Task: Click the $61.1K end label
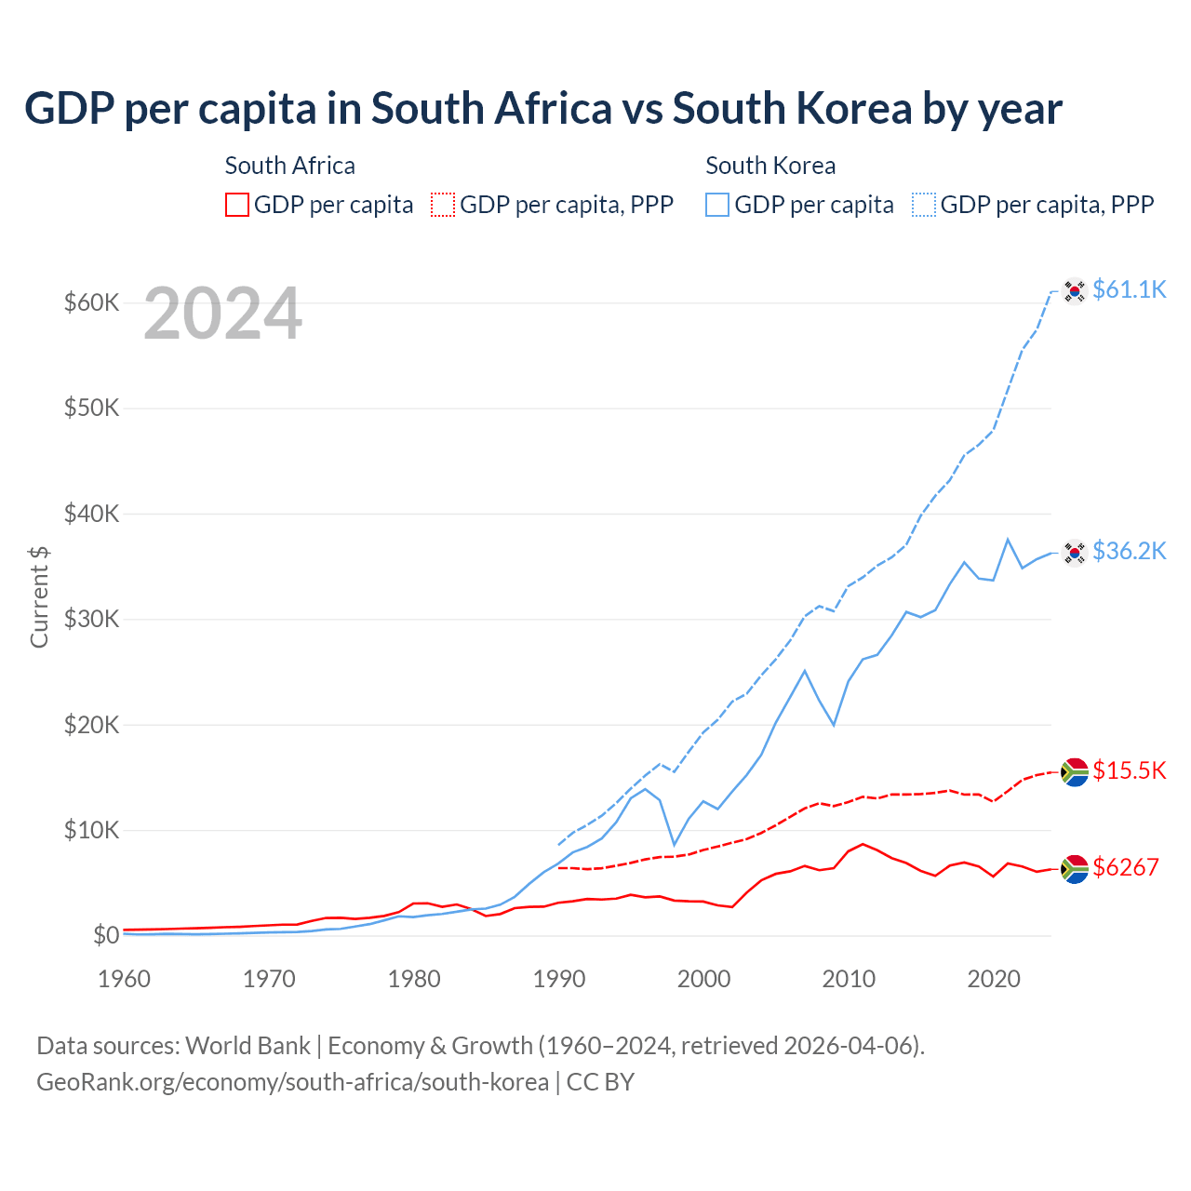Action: pos(1129,289)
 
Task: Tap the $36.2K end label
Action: pos(1129,551)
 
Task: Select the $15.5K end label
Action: pos(1129,770)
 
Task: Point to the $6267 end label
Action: pos(1125,867)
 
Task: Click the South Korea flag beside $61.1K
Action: pos(1075,291)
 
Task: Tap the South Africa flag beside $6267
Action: pos(1075,869)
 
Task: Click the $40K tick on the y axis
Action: pos(91,514)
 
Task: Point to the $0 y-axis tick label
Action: pos(106,935)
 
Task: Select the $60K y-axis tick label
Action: pos(91,302)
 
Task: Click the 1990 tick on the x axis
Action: pos(558,979)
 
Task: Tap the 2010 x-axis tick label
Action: pos(849,979)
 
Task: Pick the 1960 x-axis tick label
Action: pos(124,979)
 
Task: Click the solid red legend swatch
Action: pos(237,205)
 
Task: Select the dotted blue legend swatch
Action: pos(924,205)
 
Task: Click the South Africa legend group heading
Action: pos(289,166)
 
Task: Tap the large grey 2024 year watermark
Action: pos(222,314)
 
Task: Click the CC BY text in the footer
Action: pos(600,1082)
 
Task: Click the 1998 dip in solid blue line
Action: pos(675,845)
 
